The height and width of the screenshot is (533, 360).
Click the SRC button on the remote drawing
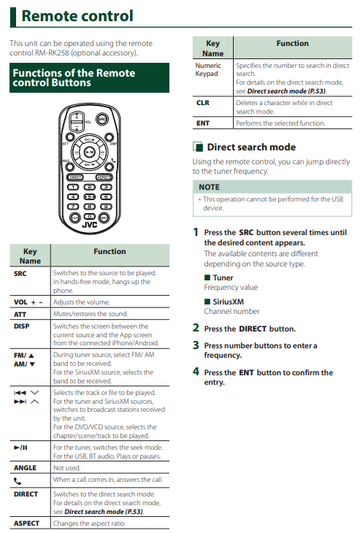click(102, 119)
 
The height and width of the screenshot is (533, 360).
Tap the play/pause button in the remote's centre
click(89, 152)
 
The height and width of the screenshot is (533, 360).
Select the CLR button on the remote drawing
click(74, 218)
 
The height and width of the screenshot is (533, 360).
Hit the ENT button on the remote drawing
click(104, 218)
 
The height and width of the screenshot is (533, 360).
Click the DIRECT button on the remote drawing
click(75, 177)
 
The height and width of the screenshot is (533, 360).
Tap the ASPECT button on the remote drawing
click(104, 177)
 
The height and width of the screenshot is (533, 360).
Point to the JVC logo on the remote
click(89, 225)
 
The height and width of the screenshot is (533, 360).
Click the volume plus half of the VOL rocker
click(77, 117)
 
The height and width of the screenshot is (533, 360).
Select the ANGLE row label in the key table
click(25, 468)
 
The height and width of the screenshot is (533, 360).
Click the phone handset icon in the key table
click(18, 481)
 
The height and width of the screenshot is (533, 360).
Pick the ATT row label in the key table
click(20, 315)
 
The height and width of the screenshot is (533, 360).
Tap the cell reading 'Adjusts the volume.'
click(81, 302)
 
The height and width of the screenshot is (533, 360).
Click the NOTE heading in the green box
click(209, 188)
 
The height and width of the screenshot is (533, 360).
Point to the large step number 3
click(196, 345)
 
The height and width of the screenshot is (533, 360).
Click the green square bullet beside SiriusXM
click(207, 301)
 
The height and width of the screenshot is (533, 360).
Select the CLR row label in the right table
click(202, 103)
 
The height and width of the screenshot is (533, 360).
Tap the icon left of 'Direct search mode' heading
click(198, 147)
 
